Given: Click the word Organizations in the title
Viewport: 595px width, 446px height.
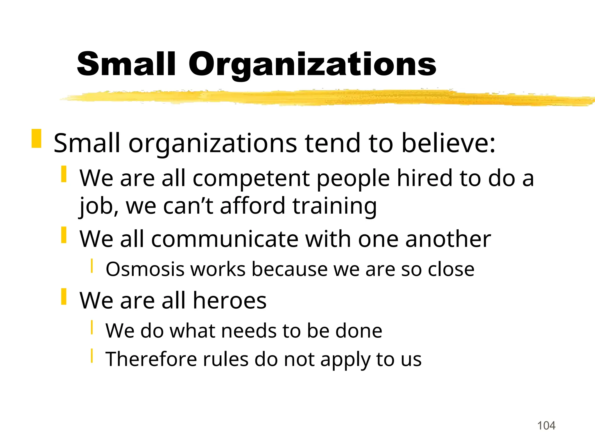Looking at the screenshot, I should click(312, 64).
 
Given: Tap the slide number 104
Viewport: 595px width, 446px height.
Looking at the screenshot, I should click(546, 426).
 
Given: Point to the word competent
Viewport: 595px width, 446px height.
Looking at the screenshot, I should click(251, 178).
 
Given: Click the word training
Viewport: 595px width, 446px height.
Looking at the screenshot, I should click(334, 206).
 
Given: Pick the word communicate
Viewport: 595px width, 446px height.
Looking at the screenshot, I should click(225, 239).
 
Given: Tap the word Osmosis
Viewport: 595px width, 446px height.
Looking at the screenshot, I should click(145, 269).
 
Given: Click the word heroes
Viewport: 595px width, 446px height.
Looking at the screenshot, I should click(230, 301).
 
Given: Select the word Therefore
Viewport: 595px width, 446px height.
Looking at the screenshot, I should click(151, 359).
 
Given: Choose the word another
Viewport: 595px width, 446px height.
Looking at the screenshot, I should click(448, 239).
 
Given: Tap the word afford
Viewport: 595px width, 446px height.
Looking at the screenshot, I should click(252, 206).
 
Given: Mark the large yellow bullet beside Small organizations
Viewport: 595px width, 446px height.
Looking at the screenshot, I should click(36, 139).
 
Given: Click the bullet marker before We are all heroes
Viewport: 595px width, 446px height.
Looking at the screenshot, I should click(64, 296).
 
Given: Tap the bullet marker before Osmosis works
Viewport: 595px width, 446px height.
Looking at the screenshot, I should click(92, 266).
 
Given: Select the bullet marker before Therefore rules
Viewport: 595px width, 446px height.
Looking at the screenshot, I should click(92, 356).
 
